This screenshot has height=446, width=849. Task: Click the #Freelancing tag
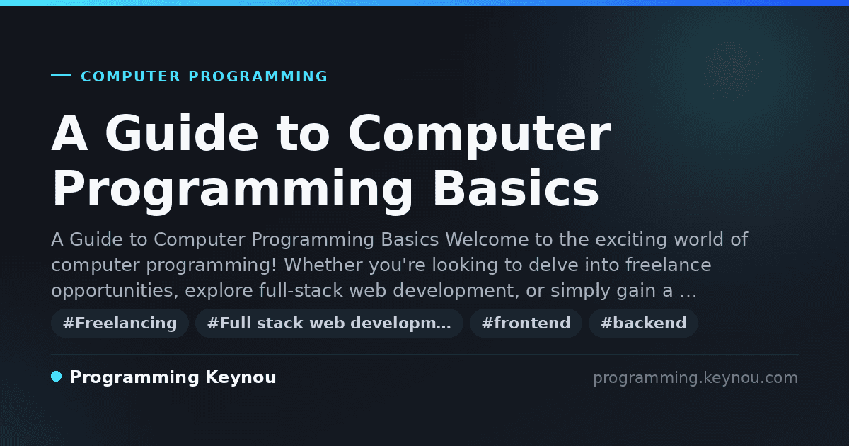pos(120,323)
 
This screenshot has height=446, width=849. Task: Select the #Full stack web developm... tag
pos(329,323)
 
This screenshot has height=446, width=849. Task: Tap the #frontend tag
pos(526,323)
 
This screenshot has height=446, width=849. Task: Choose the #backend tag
pos(643,323)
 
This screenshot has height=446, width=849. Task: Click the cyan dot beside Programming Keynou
pos(57,377)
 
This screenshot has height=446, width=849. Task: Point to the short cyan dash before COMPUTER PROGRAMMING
pos(61,75)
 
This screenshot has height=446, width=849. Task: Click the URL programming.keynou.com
pos(695,378)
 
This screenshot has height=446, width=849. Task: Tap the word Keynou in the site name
pos(241,377)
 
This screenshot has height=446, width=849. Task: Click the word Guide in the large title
pos(182,133)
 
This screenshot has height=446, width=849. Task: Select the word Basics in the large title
pos(516,189)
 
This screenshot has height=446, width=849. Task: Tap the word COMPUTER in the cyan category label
pos(131,76)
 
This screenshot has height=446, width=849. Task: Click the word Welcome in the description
pos(487,239)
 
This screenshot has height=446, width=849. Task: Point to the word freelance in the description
pos(668,265)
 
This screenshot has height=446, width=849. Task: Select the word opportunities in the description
pos(115,291)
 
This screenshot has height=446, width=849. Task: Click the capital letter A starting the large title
pos(70,133)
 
